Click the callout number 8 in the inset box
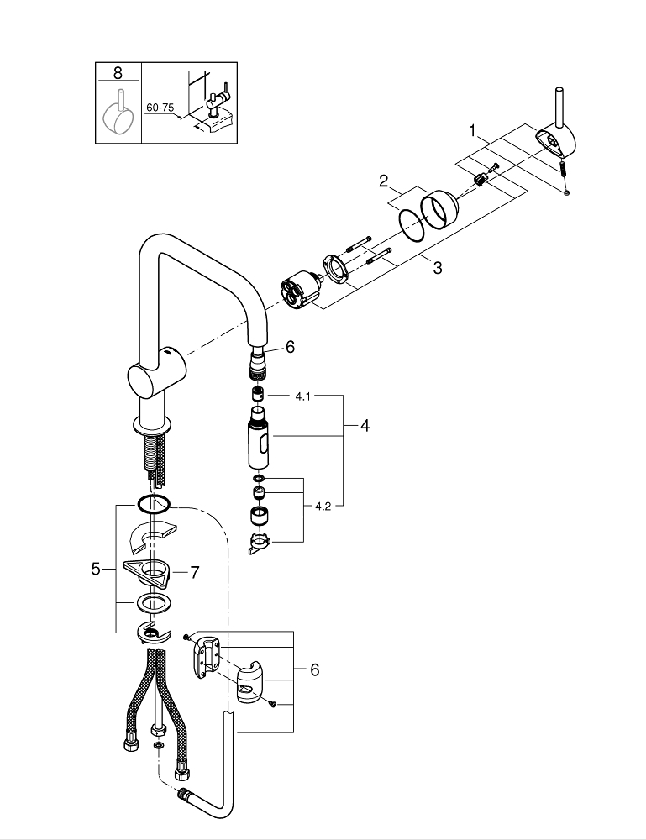[x=118, y=73]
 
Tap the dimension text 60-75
[x=160, y=108]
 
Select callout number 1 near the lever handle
[x=472, y=130]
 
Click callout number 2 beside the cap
[x=383, y=181]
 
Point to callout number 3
[x=438, y=268]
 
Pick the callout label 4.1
[x=302, y=396]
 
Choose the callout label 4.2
[x=323, y=507]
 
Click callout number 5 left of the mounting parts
[x=96, y=569]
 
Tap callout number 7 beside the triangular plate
[x=194, y=573]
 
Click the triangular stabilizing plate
[x=146, y=573]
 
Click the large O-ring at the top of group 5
[x=153, y=503]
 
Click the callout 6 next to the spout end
[x=290, y=347]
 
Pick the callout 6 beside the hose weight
[x=314, y=669]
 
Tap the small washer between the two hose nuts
[x=159, y=746]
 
